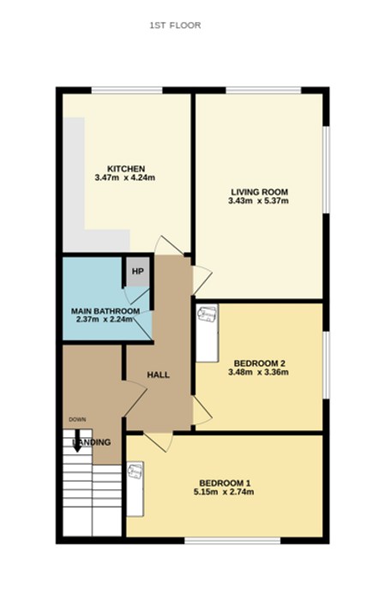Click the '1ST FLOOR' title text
coord(175,25)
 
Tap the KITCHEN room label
coord(126,169)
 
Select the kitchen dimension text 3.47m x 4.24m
coord(125,177)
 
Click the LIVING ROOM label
coord(260,192)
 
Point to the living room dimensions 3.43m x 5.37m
coord(258,201)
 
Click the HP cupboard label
coord(138,272)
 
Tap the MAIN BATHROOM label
coord(105,311)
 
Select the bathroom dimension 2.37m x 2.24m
coord(104,320)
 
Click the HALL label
coord(158,375)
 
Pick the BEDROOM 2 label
coord(260,363)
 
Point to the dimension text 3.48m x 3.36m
coord(258,372)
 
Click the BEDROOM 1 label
coord(225,483)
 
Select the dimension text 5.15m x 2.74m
coord(224,492)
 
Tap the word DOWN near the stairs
coord(77,419)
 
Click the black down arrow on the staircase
coord(77,441)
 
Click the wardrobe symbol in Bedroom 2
coord(207,333)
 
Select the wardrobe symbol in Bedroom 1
coord(135,489)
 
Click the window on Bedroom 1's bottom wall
coord(232,541)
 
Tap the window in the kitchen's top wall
coord(127,90)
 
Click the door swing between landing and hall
coord(135,399)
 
